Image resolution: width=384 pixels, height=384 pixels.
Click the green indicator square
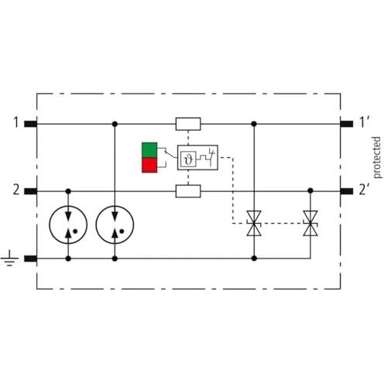tap(149, 150)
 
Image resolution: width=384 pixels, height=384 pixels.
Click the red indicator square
tap(149, 165)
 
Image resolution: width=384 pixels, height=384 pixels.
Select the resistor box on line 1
tap(188, 124)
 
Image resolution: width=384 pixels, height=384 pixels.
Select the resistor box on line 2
tap(188, 191)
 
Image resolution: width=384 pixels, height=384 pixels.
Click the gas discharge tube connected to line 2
tap(68, 225)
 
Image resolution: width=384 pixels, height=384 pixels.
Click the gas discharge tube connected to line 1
tap(115, 225)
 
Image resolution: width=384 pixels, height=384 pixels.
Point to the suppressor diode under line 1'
tap(254, 223)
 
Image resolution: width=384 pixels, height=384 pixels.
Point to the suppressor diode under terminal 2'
tap(310, 223)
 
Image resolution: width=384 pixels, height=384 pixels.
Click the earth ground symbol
tap(9, 258)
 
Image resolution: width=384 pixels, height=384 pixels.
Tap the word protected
tap(377, 157)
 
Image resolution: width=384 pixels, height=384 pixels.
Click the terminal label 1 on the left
tap(16, 122)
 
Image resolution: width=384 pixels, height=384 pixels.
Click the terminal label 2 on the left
tap(16, 190)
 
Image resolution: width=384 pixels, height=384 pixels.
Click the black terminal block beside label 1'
tap(347, 124)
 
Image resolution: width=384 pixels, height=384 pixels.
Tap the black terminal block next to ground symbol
tap(31, 259)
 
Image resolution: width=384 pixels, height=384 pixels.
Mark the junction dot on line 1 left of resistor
tap(115, 124)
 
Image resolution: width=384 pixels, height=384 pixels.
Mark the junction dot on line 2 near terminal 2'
tap(310, 190)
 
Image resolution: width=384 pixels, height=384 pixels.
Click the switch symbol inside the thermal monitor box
tap(211, 156)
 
